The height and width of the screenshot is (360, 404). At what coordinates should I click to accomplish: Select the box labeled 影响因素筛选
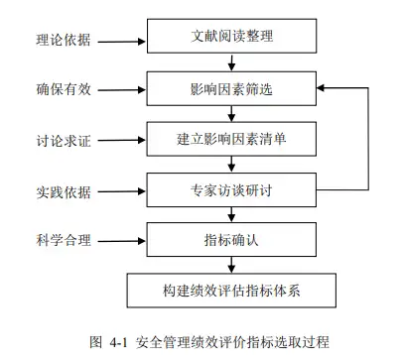point(231,88)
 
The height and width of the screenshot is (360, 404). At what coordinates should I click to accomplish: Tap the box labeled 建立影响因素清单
point(231,137)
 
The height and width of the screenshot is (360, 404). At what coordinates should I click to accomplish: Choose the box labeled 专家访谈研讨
point(231,185)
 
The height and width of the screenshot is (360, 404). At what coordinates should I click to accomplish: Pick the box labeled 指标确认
point(231,239)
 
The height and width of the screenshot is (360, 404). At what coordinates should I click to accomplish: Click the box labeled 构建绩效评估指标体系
point(231,291)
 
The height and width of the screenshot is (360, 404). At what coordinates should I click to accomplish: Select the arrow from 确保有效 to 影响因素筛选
point(119,89)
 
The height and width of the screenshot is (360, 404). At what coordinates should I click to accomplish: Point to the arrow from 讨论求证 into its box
point(119,140)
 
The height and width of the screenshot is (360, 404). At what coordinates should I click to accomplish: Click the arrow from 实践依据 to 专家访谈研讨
point(119,187)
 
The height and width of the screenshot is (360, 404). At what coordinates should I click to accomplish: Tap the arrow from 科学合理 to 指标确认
point(119,240)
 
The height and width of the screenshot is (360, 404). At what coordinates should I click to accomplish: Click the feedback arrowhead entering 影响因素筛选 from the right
point(322,88)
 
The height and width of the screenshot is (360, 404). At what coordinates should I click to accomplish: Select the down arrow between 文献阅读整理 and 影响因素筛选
point(231,63)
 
